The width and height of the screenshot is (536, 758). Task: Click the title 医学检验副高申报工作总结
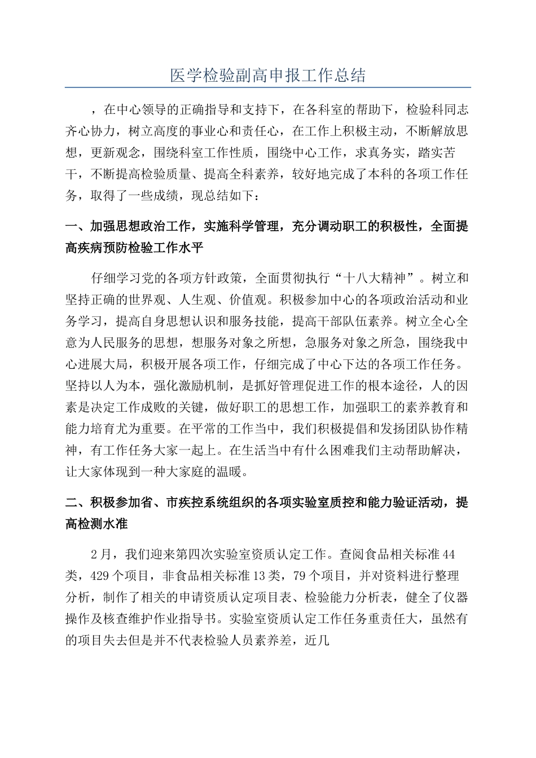pyautogui.click(x=268, y=76)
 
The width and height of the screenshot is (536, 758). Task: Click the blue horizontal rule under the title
pyautogui.click(x=268, y=87)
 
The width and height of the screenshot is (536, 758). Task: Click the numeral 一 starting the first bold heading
pyautogui.click(x=71, y=227)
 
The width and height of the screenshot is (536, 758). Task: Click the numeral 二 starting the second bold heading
pyautogui.click(x=71, y=503)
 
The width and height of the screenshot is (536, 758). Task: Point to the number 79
pyautogui.click(x=301, y=575)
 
